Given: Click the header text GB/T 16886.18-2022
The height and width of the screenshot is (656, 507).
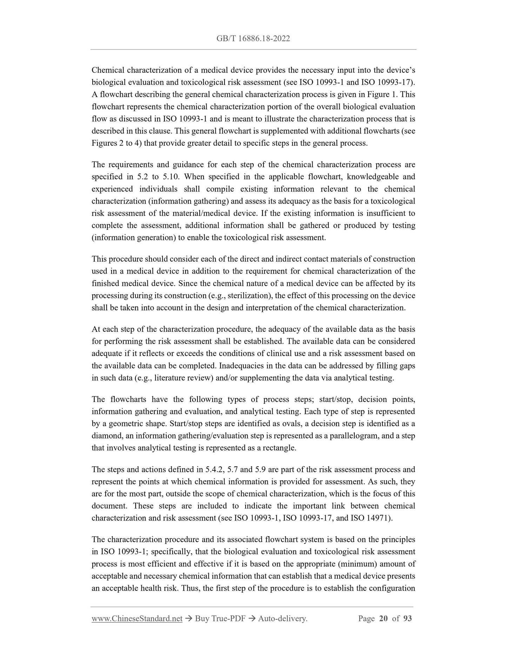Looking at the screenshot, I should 253,39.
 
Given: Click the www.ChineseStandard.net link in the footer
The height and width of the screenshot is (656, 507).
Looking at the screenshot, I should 137,618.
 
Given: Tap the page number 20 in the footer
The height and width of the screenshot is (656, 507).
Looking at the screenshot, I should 383,618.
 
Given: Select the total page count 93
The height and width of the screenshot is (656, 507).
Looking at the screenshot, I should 407,618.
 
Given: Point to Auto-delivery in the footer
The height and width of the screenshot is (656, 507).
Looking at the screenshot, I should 282,618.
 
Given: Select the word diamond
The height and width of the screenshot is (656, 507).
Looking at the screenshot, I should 105,436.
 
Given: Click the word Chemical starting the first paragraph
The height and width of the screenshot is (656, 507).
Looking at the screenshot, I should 108,70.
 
